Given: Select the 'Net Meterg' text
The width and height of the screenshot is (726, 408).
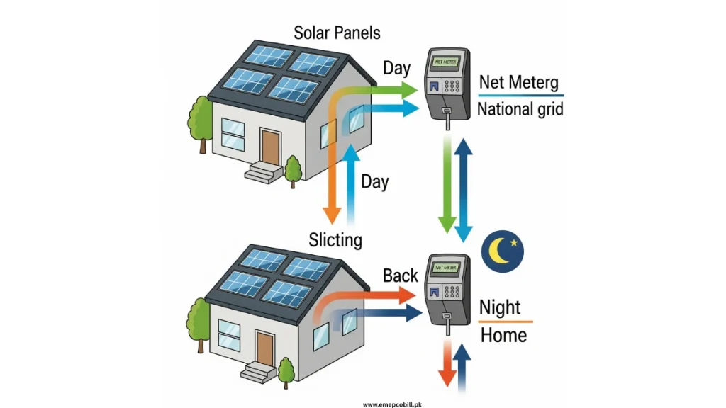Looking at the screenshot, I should [520, 82].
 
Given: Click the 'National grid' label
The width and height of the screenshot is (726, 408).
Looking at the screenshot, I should [520, 109].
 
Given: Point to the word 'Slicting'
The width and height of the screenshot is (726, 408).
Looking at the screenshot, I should [335, 239].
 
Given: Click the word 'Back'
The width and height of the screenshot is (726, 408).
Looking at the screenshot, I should [401, 275].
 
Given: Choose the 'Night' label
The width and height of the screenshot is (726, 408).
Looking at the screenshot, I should [500, 308].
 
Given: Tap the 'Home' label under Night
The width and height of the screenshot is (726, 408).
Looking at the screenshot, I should [503, 334].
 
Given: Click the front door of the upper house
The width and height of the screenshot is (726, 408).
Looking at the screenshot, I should [269, 147].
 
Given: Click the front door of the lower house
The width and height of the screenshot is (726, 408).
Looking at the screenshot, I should [264, 348].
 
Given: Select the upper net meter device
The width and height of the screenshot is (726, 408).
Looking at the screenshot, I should [447, 85].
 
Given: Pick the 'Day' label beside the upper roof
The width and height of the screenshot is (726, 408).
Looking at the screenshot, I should [396, 68].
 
